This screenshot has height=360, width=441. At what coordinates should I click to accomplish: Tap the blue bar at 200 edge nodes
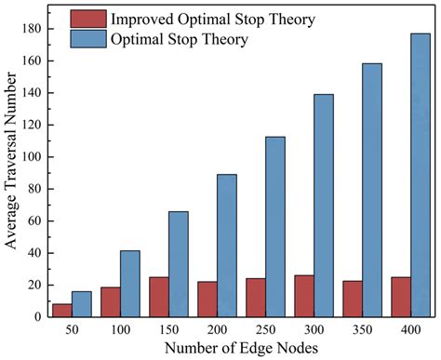click(x=226, y=246)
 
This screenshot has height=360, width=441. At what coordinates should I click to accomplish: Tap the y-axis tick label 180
click(x=30, y=30)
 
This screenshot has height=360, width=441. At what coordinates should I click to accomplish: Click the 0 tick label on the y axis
click(x=37, y=316)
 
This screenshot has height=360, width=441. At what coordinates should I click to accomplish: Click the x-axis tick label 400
click(x=409, y=330)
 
